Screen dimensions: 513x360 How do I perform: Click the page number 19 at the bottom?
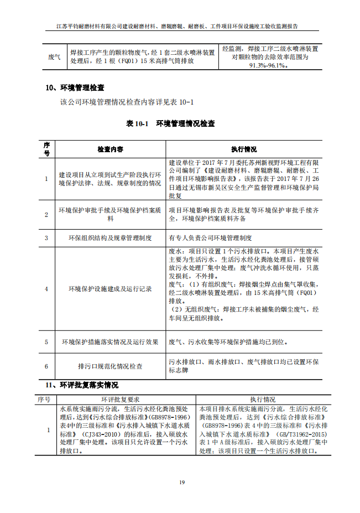coord(182,483)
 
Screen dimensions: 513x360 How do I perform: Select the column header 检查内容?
coord(110,150)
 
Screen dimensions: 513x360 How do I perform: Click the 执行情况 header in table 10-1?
coord(244,150)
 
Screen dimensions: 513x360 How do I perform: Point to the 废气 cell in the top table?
coord(54,57)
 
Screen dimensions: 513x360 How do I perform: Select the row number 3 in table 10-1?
coord(46,238)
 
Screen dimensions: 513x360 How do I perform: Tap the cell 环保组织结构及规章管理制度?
coord(110,238)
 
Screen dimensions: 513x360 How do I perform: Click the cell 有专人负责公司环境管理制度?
coord(210,238)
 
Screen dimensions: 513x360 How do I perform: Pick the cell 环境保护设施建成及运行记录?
coord(110,288)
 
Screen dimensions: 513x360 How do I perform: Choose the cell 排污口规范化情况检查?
coord(110,366)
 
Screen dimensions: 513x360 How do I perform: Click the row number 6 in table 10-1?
coord(46,366)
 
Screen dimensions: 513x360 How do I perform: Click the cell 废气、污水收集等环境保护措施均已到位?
coord(228,342)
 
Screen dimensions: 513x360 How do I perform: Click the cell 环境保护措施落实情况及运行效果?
coord(110,342)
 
